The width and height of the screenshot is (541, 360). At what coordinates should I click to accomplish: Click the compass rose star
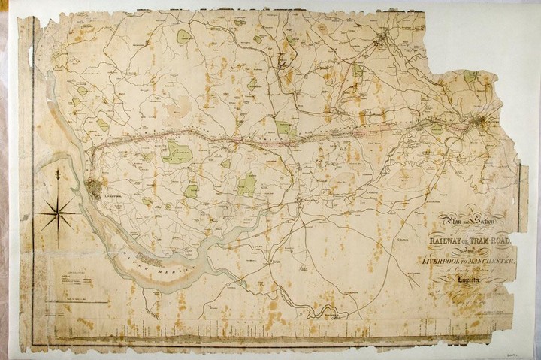pyautogui.click(x=56, y=213)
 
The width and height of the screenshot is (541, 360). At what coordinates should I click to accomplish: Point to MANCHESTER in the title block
pyautogui.click(x=491, y=259)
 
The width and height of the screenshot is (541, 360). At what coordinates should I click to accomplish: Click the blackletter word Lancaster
pyautogui.click(x=469, y=281)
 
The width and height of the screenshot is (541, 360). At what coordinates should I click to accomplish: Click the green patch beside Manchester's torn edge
pyautogui.click(x=470, y=76)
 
